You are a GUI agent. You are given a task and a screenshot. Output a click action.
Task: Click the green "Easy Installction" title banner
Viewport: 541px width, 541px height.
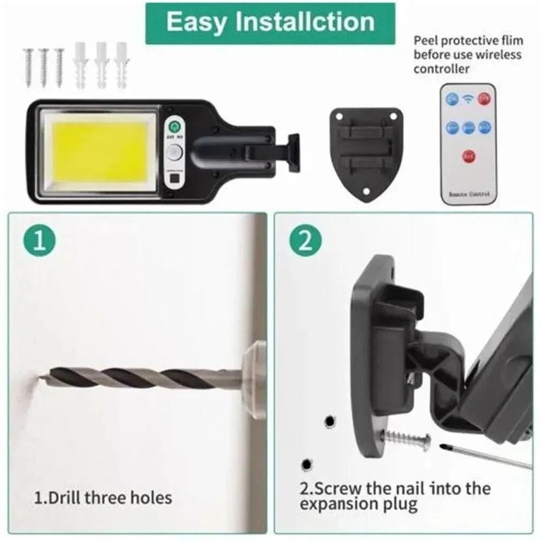coord(270,22)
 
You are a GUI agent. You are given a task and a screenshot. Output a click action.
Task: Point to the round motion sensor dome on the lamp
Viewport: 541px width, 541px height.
coord(176,151)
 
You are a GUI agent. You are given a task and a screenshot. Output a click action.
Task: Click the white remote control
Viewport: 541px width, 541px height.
coord(467,142)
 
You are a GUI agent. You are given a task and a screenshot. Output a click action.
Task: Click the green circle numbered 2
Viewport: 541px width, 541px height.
coord(305,241)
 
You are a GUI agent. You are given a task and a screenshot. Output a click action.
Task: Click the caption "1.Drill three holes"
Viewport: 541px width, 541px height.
coord(103,498)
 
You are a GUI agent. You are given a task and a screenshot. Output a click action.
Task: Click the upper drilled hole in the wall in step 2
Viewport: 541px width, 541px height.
coord(329,421)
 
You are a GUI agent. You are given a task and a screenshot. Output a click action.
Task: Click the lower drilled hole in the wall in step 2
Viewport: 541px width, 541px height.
coord(307,465)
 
